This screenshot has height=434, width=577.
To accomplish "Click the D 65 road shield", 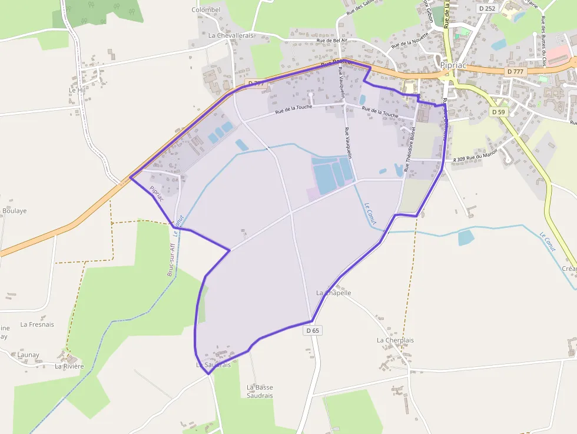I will (313, 331).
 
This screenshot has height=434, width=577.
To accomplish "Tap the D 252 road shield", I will (487, 9).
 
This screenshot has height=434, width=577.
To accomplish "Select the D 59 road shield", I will (498, 112).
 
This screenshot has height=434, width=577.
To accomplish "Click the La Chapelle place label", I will (334, 293).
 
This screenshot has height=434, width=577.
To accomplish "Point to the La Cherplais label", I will (395, 340).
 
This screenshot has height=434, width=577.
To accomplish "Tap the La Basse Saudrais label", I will (260, 392).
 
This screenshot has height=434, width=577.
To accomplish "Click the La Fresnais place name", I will (37, 324).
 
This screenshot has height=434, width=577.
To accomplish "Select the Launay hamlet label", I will (28, 355).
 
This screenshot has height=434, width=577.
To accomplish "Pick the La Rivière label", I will (69, 366).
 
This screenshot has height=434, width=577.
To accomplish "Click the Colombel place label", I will (206, 10).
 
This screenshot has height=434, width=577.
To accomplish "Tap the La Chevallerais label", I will (231, 35).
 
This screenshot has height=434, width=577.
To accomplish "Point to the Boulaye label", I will (14, 211).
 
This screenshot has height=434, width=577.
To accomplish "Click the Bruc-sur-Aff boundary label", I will (171, 259).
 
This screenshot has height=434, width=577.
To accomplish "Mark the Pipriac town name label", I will (453, 65).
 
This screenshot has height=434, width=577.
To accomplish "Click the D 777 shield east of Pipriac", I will (515, 71).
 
